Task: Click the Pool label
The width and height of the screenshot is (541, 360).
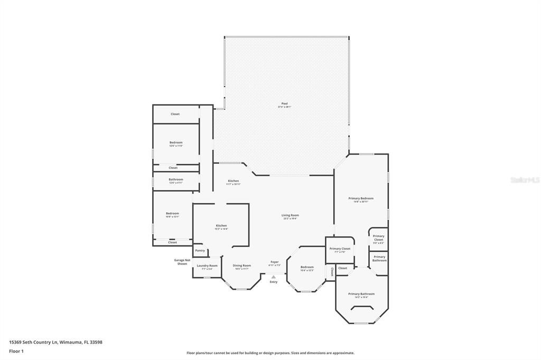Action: (285, 104)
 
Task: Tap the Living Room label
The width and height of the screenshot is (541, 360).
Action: (290, 215)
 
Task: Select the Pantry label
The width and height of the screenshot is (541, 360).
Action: (200, 251)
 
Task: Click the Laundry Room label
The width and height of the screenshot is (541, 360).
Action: (207, 266)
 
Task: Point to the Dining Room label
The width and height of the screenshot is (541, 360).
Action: (242, 266)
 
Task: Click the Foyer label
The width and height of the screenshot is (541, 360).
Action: (275, 262)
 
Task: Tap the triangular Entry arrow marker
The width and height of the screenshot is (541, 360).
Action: (274, 276)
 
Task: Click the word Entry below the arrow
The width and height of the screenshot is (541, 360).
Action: (274, 282)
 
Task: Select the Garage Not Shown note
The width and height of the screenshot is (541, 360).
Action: (182, 262)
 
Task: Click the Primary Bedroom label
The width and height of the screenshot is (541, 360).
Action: (361, 198)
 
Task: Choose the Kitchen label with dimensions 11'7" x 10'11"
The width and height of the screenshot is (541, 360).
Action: (233, 181)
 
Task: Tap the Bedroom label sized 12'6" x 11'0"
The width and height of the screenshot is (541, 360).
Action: (176, 143)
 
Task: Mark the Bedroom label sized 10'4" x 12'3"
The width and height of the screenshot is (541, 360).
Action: (307, 267)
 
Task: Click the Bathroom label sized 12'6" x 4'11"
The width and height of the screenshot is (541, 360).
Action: (176, 179)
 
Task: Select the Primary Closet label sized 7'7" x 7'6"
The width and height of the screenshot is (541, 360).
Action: (340, 249)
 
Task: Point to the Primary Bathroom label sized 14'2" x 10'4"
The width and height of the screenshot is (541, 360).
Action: (361, 294)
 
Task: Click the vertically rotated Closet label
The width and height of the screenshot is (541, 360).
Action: (332, 272)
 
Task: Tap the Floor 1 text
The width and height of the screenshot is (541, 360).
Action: (16, 351)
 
